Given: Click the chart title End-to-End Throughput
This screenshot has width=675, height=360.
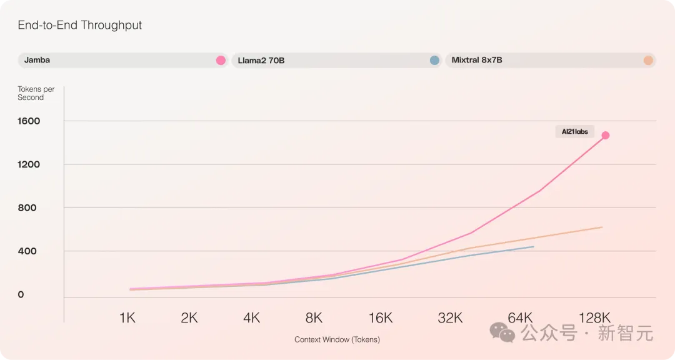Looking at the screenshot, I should [80, 26].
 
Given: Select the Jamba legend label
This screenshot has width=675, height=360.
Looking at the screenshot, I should [37, 61].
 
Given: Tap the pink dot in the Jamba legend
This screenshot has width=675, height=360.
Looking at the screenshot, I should [221, 61].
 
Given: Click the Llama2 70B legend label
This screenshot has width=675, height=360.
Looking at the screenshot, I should [261, 61].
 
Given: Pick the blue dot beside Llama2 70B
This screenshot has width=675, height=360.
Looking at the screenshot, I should [434, 61].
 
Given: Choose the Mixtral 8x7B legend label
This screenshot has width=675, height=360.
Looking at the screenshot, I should [477, 61].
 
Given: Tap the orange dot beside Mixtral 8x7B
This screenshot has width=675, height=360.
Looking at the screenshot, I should [648, 61].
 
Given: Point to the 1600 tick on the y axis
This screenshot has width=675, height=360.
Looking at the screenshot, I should [29, 121].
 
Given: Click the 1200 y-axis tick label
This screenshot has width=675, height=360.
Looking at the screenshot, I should [29, 164].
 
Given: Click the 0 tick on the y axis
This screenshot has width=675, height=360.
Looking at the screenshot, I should [21, 294].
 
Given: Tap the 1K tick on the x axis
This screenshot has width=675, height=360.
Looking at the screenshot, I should [127, 318].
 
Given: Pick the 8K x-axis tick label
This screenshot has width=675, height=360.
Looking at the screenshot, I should [314, 318].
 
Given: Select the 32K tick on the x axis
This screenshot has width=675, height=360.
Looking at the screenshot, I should [450, 318].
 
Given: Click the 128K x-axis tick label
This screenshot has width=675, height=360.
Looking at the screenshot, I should [594, 318].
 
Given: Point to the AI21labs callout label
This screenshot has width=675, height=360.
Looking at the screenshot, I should [574, 132].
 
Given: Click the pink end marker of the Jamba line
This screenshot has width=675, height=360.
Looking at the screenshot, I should [605, 135].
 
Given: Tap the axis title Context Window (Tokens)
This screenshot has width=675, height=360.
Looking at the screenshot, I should [337, 340].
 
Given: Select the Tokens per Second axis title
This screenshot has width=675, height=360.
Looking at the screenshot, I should [36, 93].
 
